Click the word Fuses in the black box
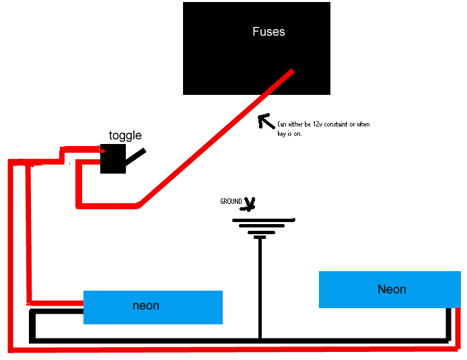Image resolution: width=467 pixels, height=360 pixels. (268, 32)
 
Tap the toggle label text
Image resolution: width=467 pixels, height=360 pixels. (125, 136)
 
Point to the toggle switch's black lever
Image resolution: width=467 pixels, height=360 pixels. (135, 156)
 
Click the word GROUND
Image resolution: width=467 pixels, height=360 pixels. (231, 202)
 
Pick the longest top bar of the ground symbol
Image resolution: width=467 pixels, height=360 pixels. (264, 220)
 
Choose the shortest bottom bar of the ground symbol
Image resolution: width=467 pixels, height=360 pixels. (260, 237)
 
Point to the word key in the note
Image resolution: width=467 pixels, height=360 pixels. (283, 133)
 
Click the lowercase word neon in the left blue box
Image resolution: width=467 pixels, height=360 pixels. (146, 305)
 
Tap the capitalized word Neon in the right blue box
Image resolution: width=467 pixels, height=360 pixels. (392, 289)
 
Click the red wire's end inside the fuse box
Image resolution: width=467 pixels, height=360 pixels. (291, 72)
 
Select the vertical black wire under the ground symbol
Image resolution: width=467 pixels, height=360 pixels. (260, 283)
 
